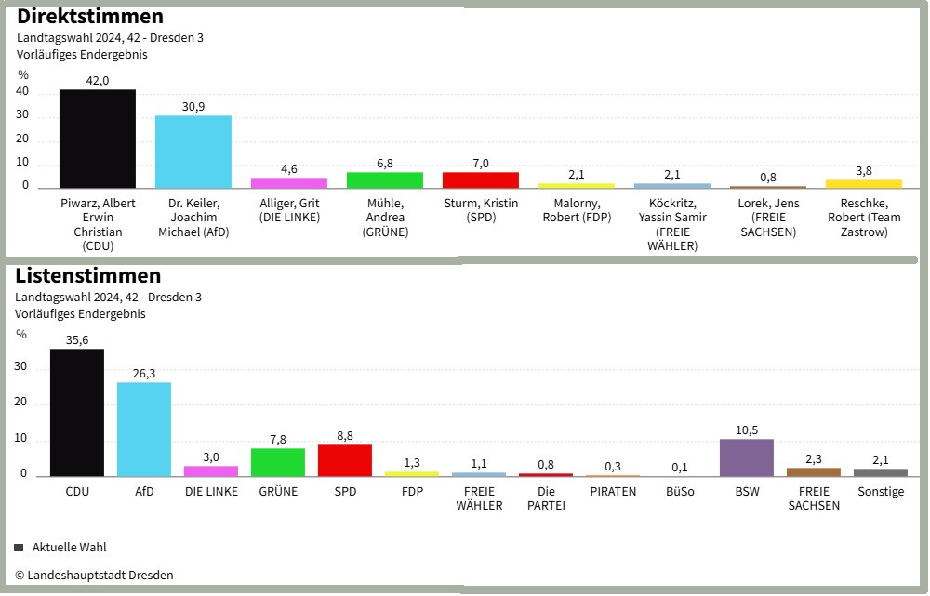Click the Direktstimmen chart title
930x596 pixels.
coord(90,17)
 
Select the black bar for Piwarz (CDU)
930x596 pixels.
coord(98,139)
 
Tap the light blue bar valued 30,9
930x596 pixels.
coord(193,152)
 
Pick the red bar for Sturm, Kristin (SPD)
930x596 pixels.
coord(480,180)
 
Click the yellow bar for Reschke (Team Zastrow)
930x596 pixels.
coord(864,184)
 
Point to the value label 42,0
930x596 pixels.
coord(98,81)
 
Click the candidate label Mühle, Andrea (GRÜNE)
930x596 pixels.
coord(385,218)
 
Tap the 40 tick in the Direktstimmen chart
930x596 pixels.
coord(22,92)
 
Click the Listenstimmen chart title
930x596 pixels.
coord(88,276)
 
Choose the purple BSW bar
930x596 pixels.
coord(747,457)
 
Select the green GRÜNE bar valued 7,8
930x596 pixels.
coord(278,462)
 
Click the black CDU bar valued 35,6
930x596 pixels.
coord(77,413)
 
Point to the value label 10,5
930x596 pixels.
coord(747,430)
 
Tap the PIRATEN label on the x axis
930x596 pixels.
coord(613,491)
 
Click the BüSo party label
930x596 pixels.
coord(680,491)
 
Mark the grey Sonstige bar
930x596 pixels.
coord(881,472)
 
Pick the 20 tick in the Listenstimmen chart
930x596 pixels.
coord(21,404)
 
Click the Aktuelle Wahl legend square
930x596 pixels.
coord(19,548)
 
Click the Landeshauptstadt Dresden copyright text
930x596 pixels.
coord(94,576)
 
